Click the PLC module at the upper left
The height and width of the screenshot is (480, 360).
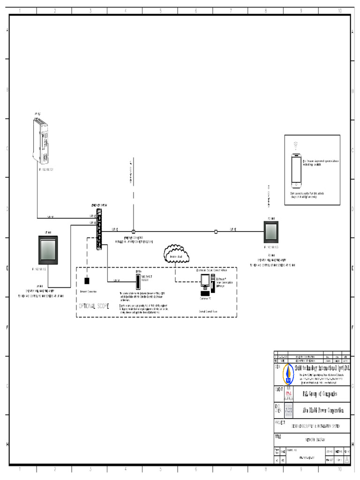click(x=41, y=140)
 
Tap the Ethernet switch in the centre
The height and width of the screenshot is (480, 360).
click(x=99, y=229)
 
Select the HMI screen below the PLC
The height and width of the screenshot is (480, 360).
click(x=47, y=249)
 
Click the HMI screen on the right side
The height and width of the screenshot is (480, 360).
click(x=271, y=232)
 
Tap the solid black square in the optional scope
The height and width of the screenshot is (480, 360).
click(x=87, y=281)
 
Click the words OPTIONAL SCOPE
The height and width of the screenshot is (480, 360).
click(x=94, y=306)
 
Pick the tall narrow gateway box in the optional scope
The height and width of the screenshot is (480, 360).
click(x=138, y=281)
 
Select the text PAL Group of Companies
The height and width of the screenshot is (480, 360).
click(x=320, y=394)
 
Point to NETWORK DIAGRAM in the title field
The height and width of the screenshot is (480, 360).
click(x=317, y=441)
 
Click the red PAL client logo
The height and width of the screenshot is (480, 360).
click(x=288, y=394)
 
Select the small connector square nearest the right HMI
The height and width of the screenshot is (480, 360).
click(x=216, y=232)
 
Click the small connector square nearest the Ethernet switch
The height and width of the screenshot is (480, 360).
click(x=134, y=232)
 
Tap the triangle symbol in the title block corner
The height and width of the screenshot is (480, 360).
click(x=346, y=461)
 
